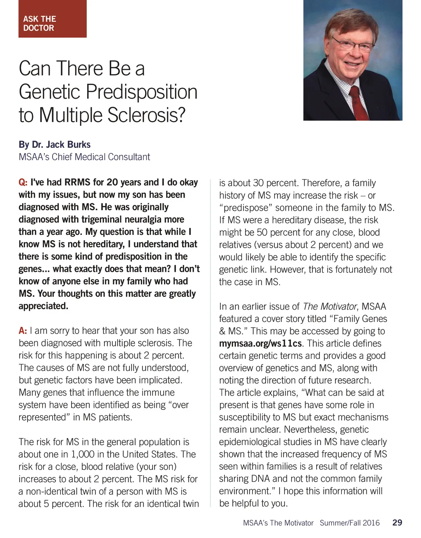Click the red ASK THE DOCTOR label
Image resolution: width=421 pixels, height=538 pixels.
coord(52,19)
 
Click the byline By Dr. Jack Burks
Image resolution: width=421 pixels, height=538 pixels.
coord(55,145)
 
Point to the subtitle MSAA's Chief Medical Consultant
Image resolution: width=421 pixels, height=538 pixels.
coord(84,157)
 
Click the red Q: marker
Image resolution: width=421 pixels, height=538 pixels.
coord(23,182)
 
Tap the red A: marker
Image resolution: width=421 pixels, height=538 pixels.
coord(23,331)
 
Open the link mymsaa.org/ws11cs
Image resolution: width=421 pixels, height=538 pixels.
coord(260,343)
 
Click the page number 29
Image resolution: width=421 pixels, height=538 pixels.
coord(397,522)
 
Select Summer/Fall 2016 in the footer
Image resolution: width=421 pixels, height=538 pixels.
coord(349,523)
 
